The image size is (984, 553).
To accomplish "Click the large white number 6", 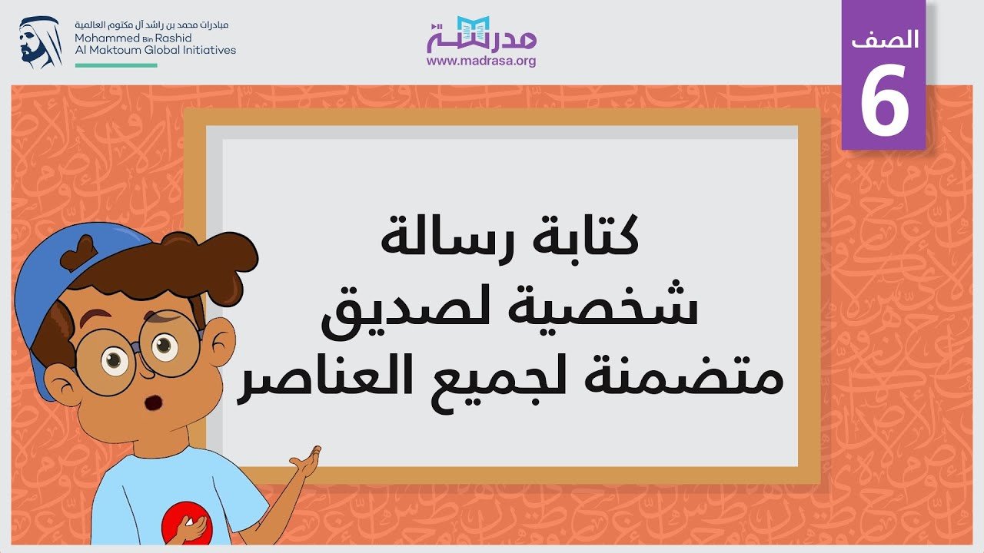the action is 884,99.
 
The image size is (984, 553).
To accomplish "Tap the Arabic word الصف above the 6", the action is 885,39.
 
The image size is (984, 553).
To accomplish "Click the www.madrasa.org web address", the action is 481,61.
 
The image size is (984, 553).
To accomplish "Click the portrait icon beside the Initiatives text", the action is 41,42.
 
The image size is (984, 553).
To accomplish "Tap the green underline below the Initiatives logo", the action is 116,65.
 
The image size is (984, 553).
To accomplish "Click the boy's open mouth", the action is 153,402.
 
